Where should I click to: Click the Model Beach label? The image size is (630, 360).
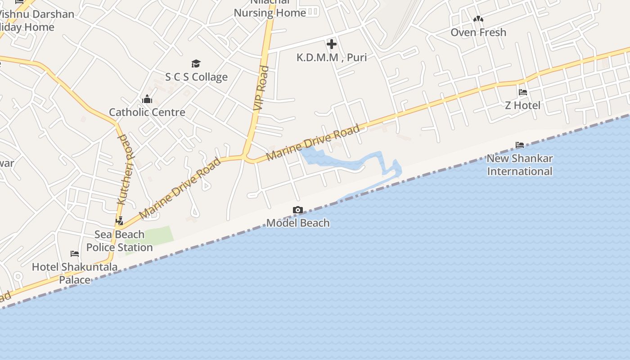pos(298,223)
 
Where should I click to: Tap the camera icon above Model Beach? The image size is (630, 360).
pos(297,210)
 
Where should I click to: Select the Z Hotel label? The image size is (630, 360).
pos(522,105)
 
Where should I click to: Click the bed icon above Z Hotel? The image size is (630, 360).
pos(522,92)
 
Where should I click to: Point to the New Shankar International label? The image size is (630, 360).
pos(520,165)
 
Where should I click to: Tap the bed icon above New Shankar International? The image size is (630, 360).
pos(520,145)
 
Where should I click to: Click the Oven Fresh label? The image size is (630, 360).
pos(478,32)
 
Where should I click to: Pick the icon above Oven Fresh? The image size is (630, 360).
pos(478,19)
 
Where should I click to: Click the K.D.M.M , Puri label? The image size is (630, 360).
pos(332,58)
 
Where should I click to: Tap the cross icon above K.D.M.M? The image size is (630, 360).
pos(332,44)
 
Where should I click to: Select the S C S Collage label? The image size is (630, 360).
pos(196,77)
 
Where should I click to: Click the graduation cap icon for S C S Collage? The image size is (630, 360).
pos(196,63)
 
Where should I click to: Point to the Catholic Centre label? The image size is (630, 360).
pos(147,112)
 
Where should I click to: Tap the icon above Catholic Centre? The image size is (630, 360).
pos(147,99)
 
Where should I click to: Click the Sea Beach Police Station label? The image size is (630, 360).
pos(120,241)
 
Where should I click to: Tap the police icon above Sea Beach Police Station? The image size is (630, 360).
pos(119,221)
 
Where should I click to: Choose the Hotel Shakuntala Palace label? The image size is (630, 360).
pos(75,273)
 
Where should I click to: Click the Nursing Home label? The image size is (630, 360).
pos(270,13)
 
